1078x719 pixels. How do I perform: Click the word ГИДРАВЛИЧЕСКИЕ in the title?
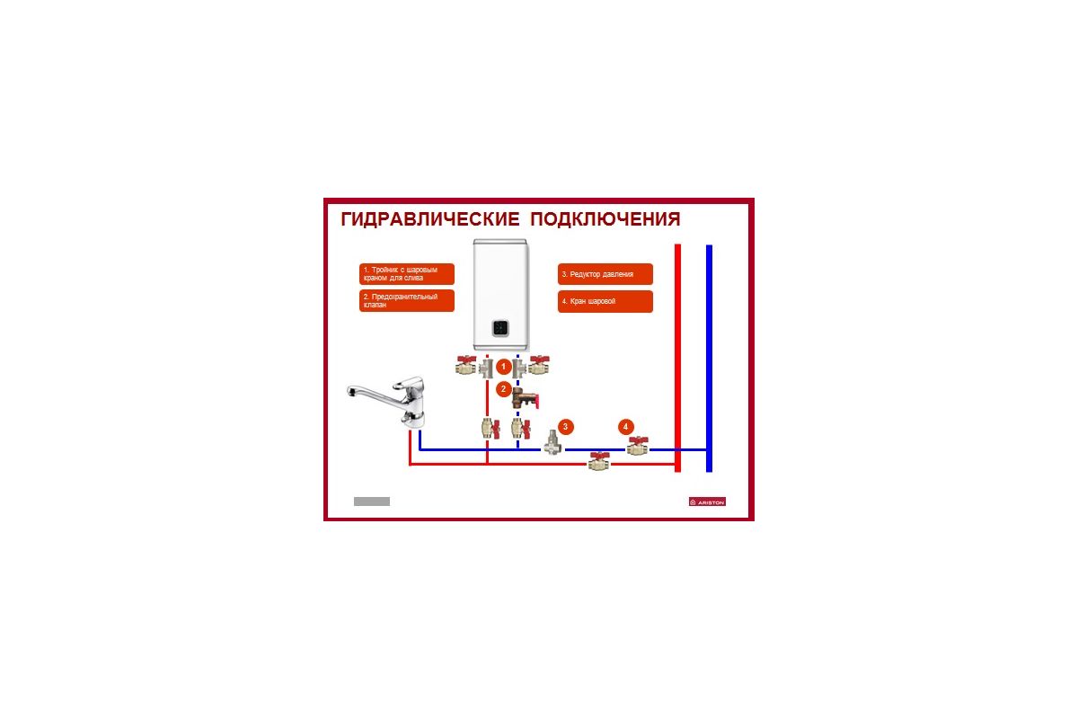pos(429,220)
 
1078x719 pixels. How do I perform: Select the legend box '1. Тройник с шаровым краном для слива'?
pos(407,274)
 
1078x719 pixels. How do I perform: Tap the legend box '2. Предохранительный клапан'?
pos(407,301)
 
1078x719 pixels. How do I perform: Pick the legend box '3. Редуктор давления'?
pos(605,274)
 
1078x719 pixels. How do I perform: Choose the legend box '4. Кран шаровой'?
pos(605,301)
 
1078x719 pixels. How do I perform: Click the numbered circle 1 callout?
pos(504,367)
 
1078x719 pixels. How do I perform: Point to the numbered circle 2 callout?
pos(504,389)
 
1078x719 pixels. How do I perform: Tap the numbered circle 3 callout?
pos(565,426)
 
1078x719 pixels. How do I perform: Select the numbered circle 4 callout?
pos(626,426)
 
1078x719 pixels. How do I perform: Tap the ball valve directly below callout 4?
pos(637,446)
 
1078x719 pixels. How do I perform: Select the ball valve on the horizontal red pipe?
pos(598,463)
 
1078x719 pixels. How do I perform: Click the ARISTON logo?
pos(707,502)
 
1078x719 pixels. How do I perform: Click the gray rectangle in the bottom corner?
pos(372,501)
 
